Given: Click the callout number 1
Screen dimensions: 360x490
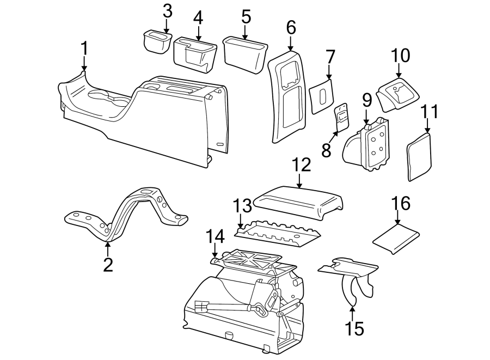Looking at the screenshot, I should (x=84, y=48).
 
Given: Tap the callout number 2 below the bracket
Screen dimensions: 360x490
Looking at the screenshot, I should (x=108, y=265).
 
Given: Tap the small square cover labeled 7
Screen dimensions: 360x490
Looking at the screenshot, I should (x=322, y=96).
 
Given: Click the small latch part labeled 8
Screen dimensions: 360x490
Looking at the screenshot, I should (x=342, y=115).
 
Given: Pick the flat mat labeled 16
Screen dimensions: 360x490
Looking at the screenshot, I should (x=396, y=239).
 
